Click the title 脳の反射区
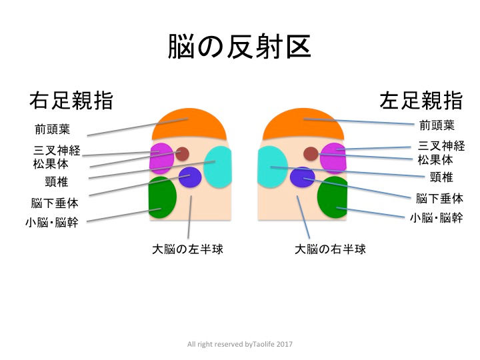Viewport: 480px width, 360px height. click(239, 47)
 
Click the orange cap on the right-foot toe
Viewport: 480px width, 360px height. click(189, 124)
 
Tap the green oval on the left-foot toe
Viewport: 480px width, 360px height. click(333, 197)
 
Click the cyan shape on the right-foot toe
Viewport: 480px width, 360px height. click(218, 167)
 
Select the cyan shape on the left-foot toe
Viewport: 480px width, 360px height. click(272, 167)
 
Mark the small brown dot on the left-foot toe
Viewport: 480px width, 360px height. click(311, 154)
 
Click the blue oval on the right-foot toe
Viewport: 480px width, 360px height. click(190, 177)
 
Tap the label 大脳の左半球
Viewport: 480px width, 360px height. click(187, 250)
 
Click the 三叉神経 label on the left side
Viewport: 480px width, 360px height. click(57, 151)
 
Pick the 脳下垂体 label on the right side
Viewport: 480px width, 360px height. click(438, 198)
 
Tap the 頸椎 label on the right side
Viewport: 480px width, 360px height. click(441, 177)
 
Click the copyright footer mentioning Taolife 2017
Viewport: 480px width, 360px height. click(240, 344)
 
